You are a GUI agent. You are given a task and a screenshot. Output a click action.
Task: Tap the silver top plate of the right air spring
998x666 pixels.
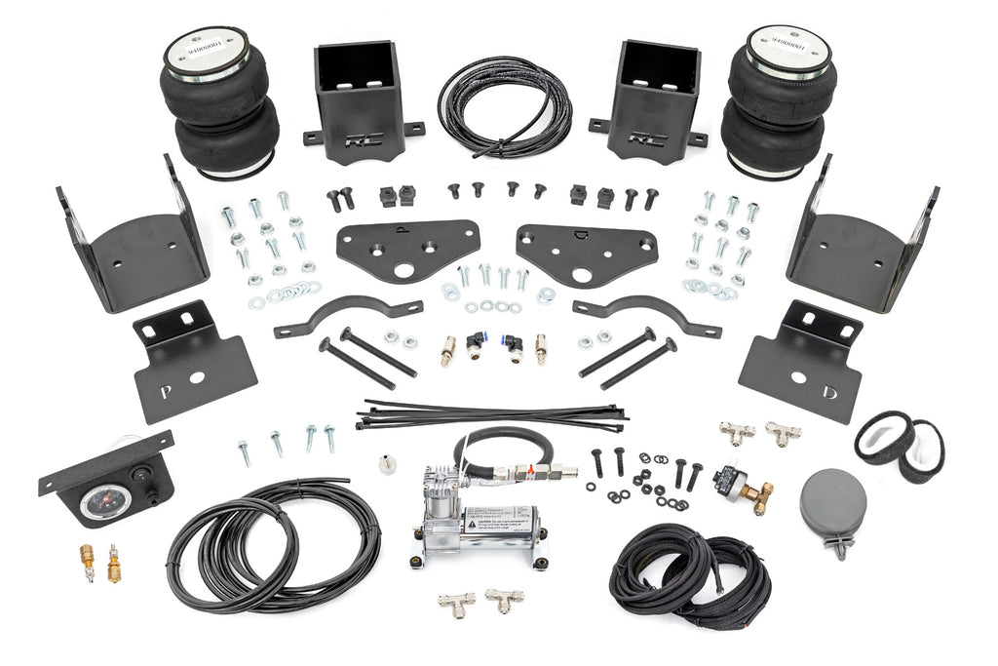(790, 45)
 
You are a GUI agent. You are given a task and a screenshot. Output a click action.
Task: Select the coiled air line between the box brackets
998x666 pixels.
(504, 105)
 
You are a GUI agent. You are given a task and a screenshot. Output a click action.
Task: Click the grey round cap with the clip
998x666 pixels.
(833, 503)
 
